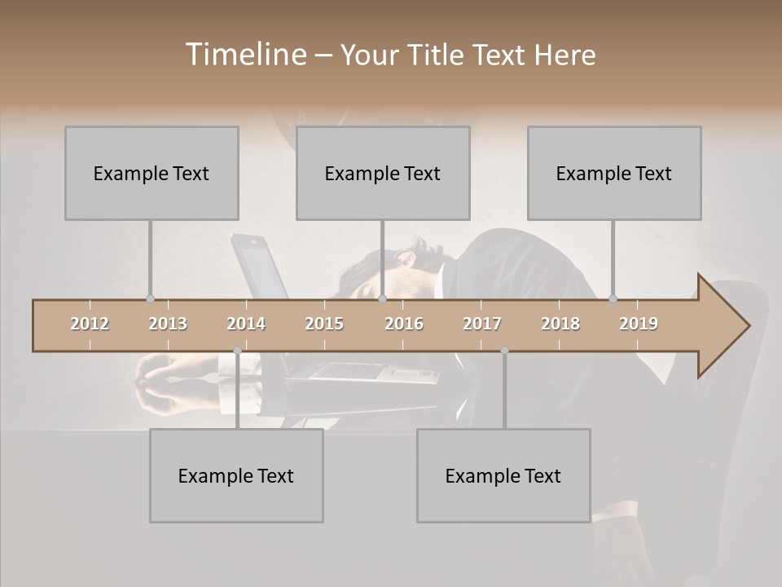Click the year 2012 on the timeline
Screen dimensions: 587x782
90,324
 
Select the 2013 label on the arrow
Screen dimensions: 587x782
168,324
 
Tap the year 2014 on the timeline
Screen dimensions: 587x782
246,324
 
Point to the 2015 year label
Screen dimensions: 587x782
324,324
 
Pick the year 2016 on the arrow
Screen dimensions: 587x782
404,324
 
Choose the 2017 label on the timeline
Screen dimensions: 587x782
482,324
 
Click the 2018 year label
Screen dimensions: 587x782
560,324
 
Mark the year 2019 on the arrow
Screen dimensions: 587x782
639,324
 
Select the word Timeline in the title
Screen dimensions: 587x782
244,55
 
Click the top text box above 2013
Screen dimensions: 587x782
152,173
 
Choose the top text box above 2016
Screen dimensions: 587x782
383,173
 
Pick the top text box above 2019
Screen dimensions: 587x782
614,173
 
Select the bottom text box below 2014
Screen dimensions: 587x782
236,475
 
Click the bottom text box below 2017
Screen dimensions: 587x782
503,475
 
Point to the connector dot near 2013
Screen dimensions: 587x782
150,298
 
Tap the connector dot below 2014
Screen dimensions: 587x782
237,351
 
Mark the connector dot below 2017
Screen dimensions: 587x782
504,351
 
